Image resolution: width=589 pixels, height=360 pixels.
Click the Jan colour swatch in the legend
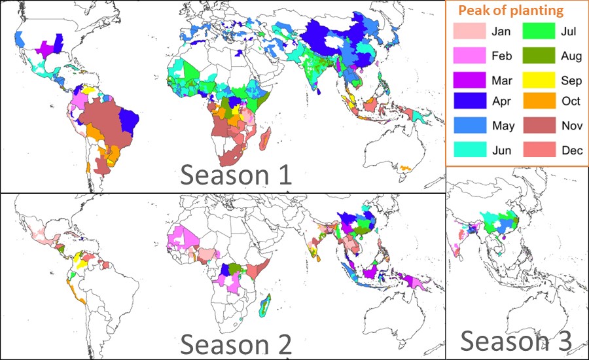(469, 31)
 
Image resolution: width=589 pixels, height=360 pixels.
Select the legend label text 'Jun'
(502, 150)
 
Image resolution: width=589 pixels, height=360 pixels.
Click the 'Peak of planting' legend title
(510, 10)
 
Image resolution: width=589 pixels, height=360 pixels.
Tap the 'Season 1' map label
(236, 175)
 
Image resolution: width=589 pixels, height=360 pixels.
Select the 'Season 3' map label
(516, 341)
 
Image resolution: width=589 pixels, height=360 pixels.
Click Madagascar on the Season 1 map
(266, 139)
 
